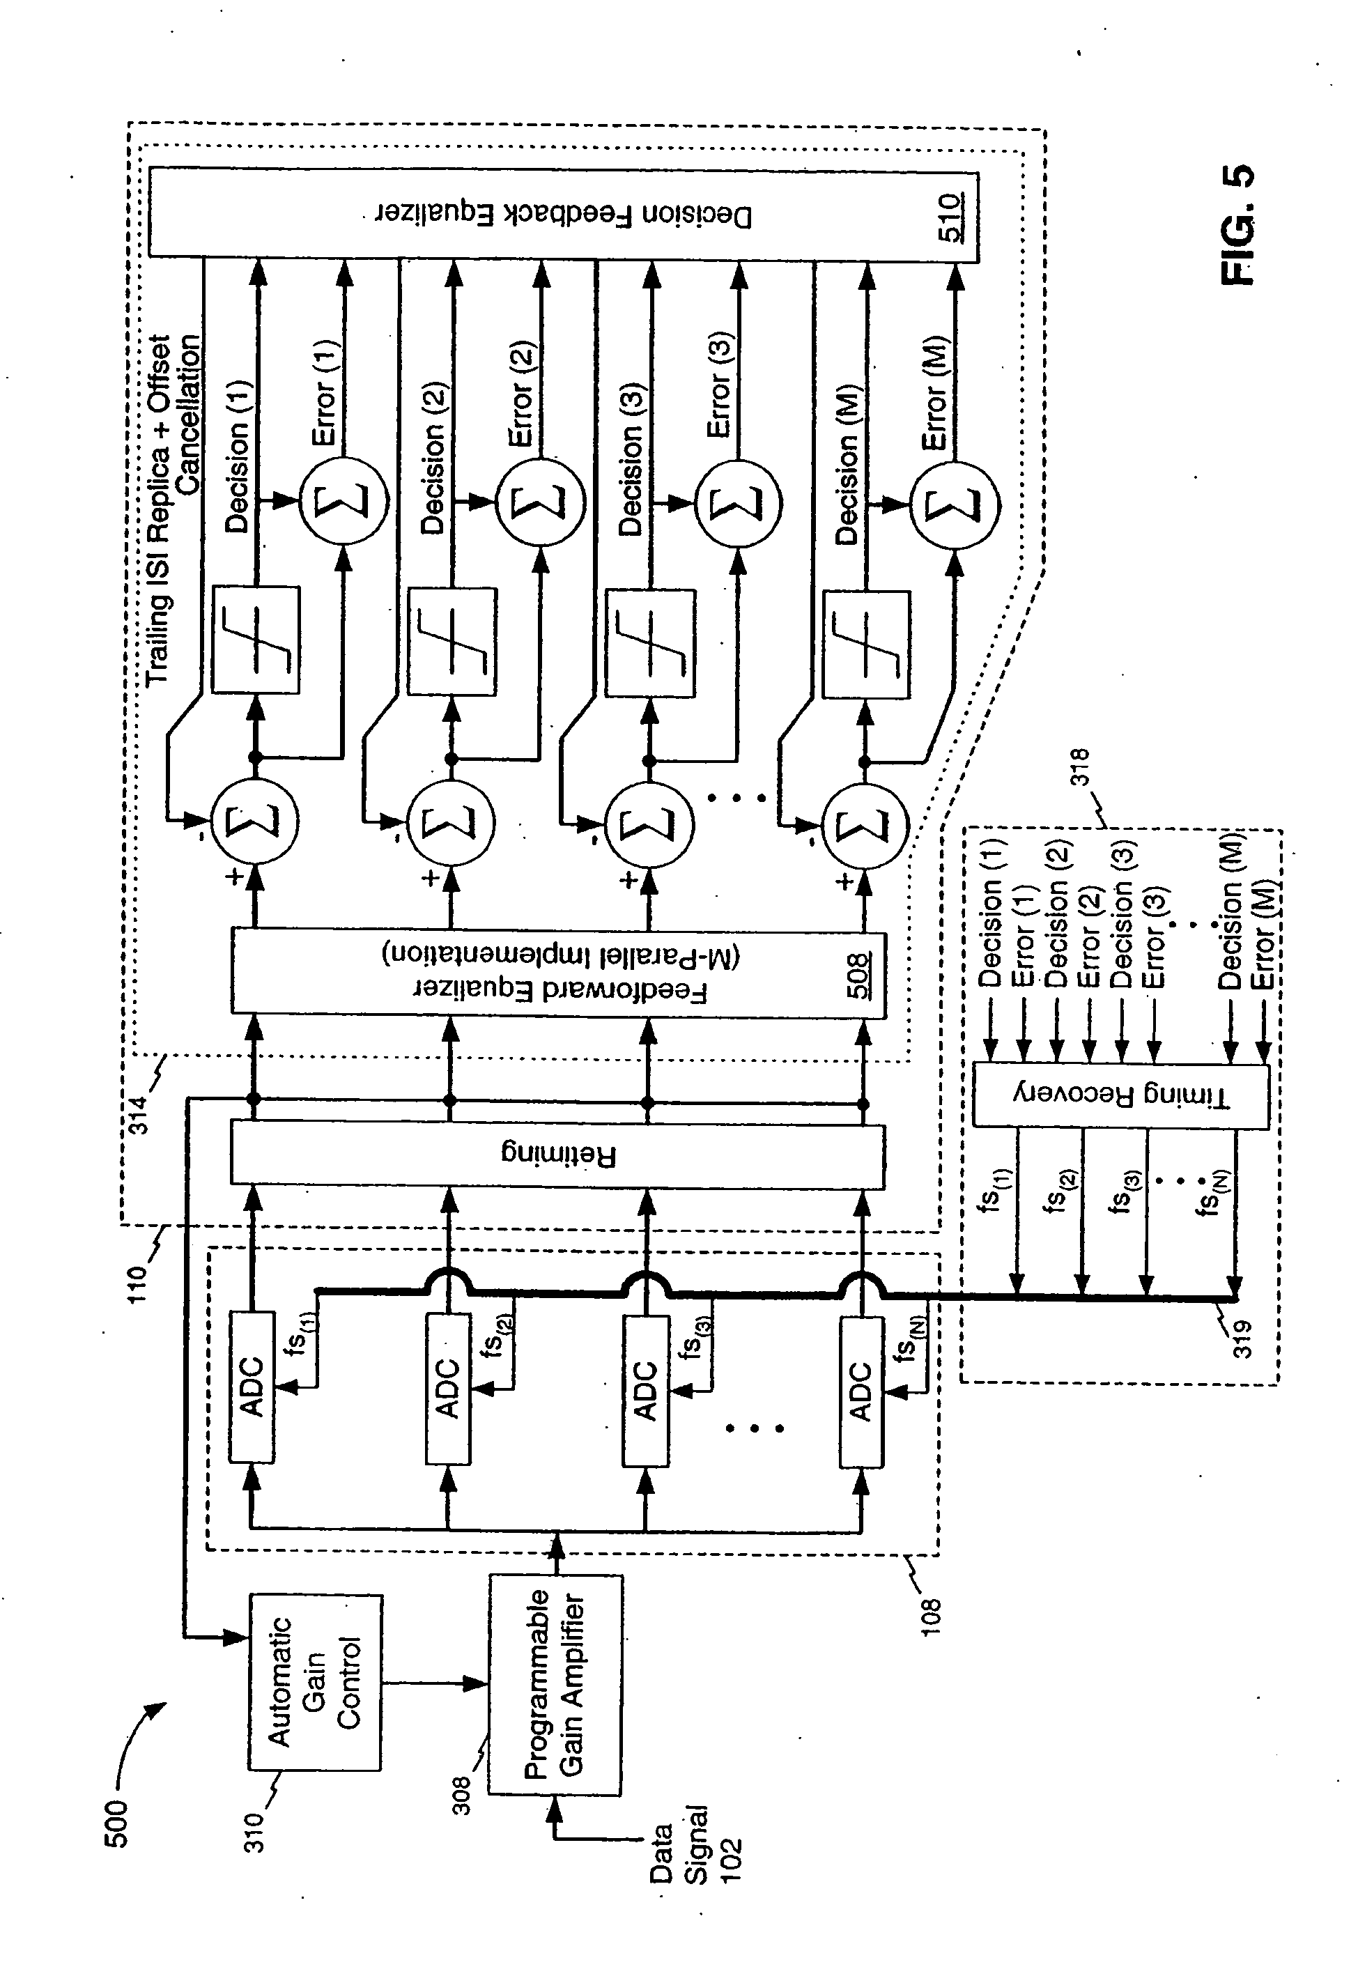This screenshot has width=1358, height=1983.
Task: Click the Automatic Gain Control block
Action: pos(315,1681)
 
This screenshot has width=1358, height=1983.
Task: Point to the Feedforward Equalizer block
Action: pos(558,973)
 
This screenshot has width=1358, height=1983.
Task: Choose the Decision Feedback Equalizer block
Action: pos(563,213)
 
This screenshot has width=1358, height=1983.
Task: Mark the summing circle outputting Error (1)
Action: pos(344,502)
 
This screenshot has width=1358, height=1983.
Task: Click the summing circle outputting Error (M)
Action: pos(955,505)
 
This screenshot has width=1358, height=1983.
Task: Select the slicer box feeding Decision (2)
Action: pos(452,641)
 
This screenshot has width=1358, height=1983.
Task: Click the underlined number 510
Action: pos(950,217)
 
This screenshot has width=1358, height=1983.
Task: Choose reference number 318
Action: pos(1080,766)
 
